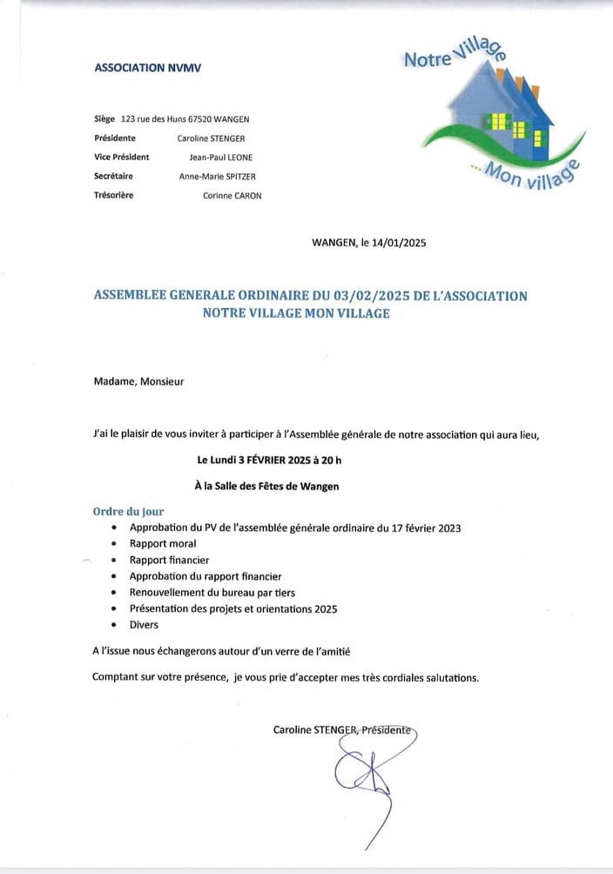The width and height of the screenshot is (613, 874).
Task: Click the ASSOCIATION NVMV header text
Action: (x=147, y=67)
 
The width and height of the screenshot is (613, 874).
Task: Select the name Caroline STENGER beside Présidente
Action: (x=212, y=138)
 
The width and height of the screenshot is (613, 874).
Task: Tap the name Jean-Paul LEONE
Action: (x=221, y=158)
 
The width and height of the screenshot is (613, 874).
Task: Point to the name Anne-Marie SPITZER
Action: (x=218, y=177)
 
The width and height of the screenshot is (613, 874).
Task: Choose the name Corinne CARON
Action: (x=232, y=196)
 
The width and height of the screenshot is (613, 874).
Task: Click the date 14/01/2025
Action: (x=400, y=244)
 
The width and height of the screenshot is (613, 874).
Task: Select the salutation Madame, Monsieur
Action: (x=138, y=380)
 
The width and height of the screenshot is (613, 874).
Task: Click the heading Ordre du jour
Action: (x=128, y=512)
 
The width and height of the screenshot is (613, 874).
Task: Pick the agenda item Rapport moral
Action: (x=163, y=544)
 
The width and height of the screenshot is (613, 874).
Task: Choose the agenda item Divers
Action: (x=144, y=624)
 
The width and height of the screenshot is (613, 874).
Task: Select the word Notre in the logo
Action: (x=427, y=58)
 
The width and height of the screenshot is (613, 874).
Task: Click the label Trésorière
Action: (x=113, y=196)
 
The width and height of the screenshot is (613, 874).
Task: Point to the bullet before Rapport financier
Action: (x=114, y=561)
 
